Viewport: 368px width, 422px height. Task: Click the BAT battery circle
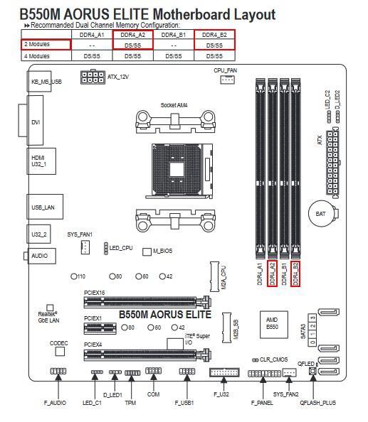321,214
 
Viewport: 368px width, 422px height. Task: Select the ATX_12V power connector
93,77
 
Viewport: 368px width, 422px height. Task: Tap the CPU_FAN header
227,80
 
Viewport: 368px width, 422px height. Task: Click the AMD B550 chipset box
273,325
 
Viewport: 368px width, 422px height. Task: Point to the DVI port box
36,120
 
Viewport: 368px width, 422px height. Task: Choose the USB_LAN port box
45,207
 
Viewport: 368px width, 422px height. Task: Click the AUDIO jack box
42,256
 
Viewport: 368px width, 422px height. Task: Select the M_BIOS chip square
147,251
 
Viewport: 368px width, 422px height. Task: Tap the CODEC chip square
60,351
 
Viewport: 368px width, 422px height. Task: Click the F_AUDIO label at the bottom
55,403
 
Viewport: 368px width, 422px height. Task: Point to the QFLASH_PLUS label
318,403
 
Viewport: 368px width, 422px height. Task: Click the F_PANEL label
262,403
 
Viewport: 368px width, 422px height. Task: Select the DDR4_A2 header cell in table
132,35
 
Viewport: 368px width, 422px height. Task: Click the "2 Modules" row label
37,44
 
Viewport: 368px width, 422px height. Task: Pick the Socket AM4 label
174,105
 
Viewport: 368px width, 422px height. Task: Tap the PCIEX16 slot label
95,293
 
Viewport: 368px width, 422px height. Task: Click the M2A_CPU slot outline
214,276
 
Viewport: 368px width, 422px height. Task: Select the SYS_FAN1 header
85,247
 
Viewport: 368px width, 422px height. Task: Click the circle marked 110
73,276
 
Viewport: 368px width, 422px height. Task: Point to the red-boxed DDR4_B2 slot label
295,274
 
